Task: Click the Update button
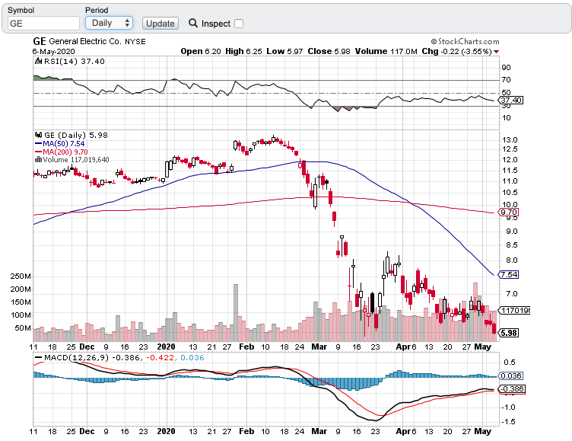160,24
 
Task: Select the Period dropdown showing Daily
108,24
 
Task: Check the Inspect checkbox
239,24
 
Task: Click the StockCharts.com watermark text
463,42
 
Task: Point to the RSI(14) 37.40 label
64,62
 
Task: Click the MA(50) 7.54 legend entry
59,143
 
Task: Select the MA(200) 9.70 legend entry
61,152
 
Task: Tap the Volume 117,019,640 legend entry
75,160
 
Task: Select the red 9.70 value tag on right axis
508,213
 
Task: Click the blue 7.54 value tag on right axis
508,274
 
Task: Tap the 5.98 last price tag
508,333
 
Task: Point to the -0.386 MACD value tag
510,390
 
